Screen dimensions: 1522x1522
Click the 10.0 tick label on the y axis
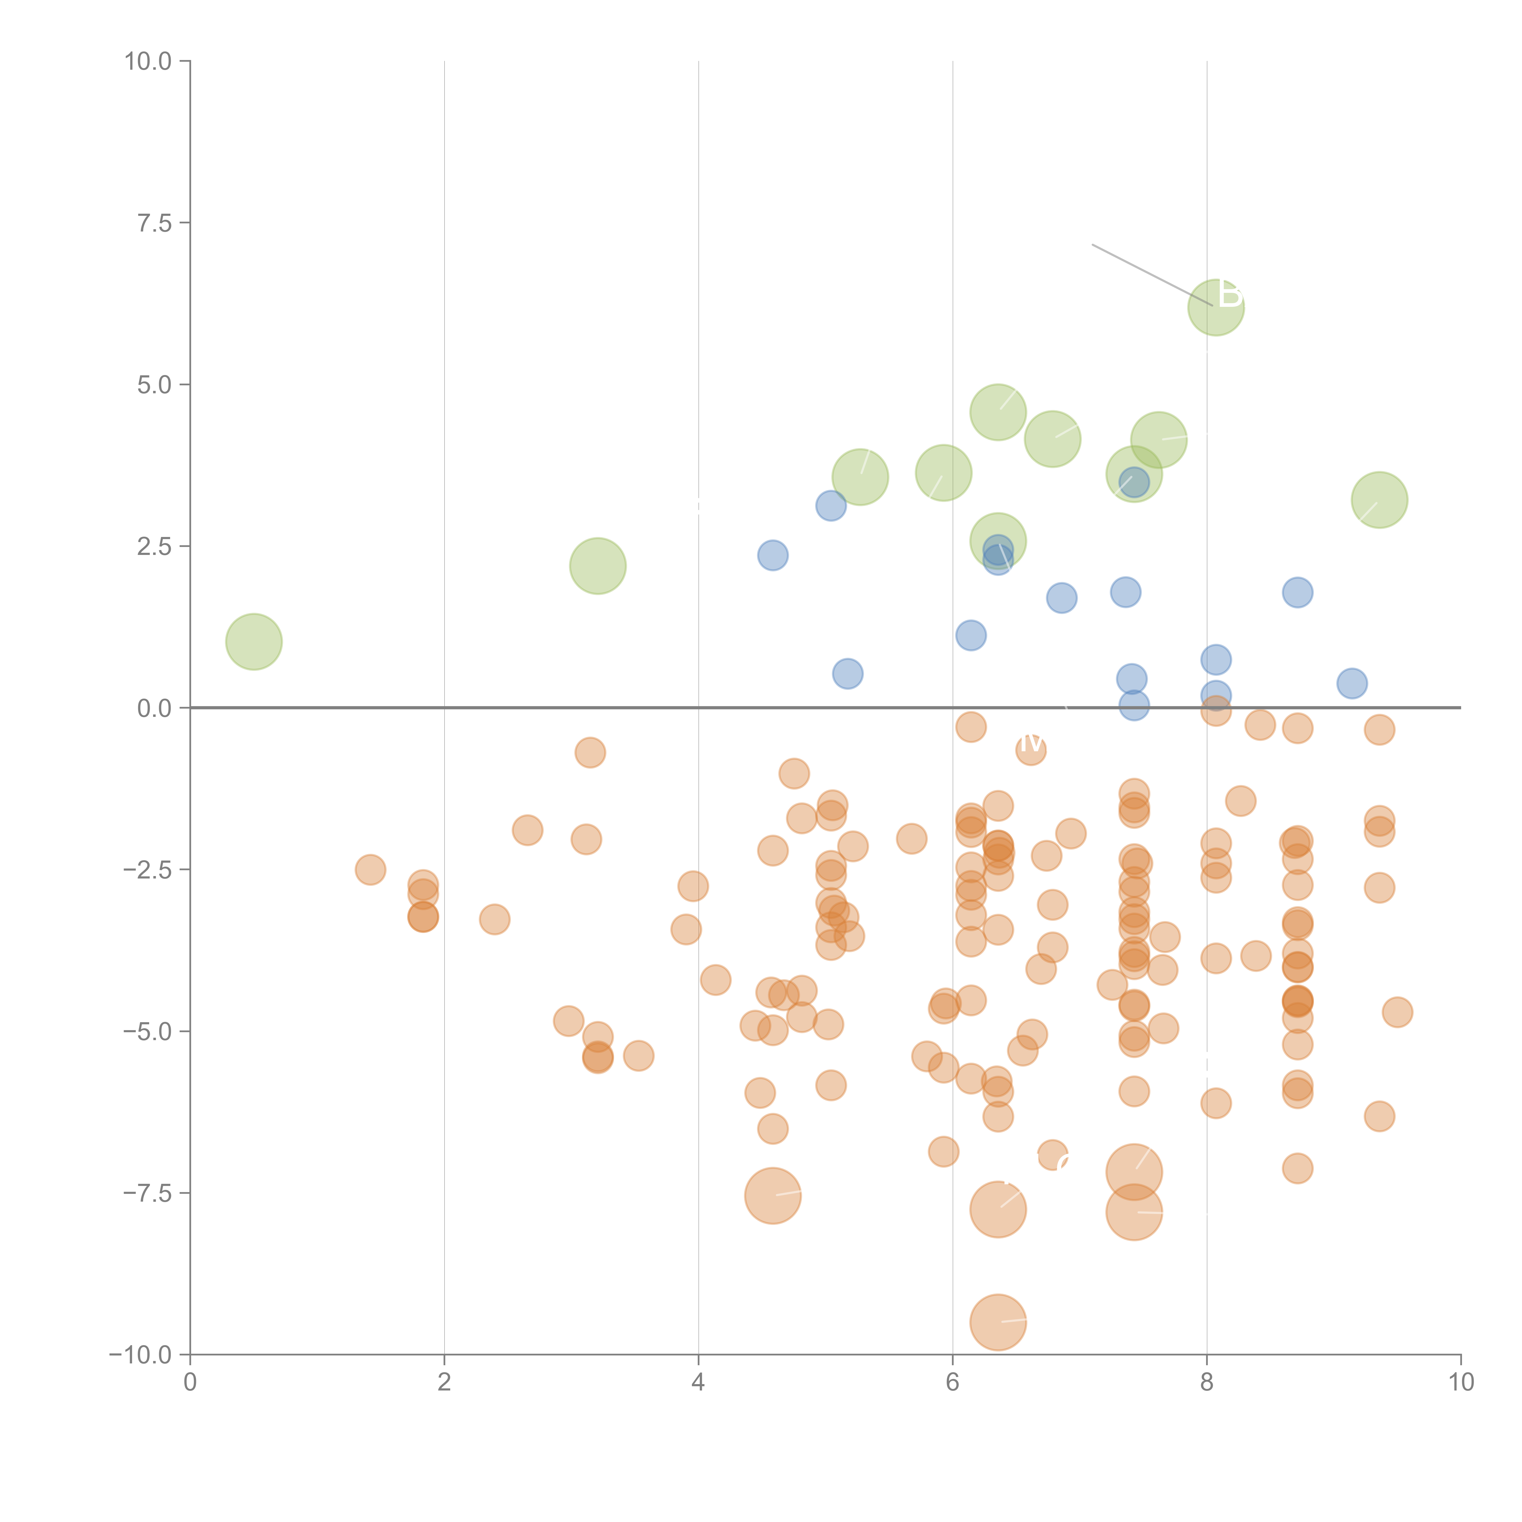(x=148, y=61)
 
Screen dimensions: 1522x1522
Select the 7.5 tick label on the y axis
(x=154, y=223)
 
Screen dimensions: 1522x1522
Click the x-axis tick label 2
(x=444, y=1383)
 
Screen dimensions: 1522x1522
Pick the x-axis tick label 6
(x=952, y=1383)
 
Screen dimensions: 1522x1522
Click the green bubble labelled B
(x=1215, y=307)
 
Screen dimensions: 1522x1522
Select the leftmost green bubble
(x=254, y=641)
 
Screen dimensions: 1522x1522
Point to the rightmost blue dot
(x=1352, y=683)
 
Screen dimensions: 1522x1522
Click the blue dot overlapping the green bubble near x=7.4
(x=1134, y=482)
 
